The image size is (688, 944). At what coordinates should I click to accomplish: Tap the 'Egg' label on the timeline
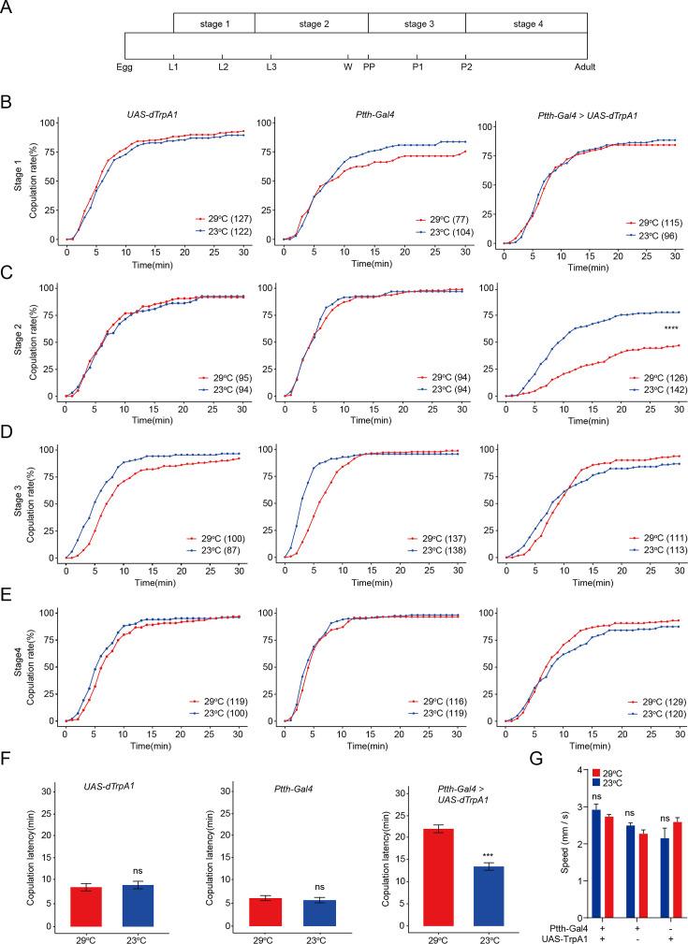125,67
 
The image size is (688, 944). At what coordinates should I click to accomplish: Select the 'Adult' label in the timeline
585,67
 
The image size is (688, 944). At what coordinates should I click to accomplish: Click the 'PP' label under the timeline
369,67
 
